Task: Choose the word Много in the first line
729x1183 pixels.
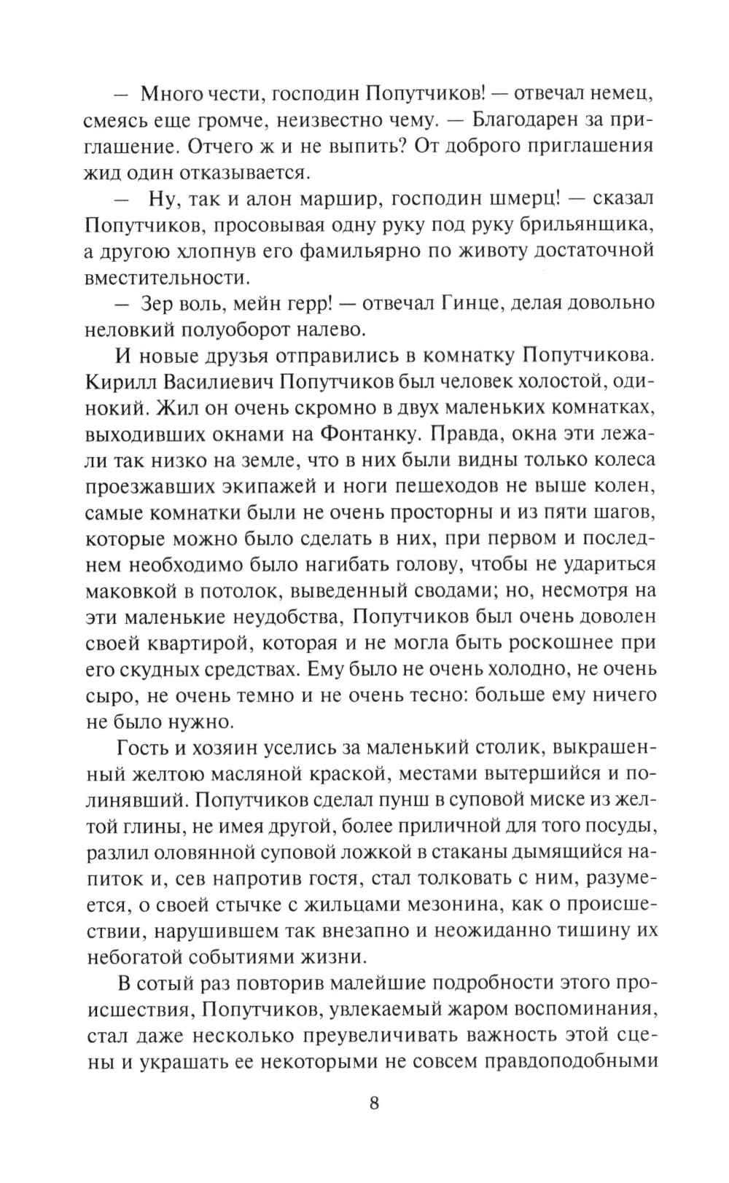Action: click(x=171, y=93)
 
